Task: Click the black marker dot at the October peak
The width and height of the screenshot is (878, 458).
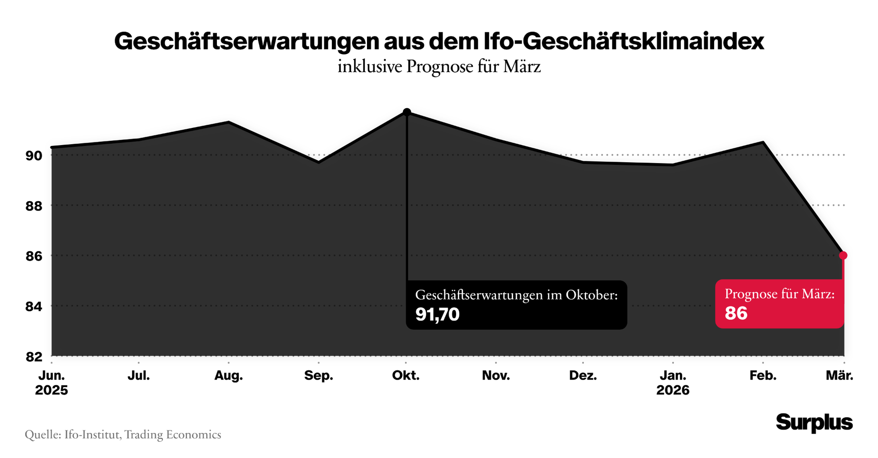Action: click(407, 112)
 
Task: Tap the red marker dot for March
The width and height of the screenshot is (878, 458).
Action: click(843, 255)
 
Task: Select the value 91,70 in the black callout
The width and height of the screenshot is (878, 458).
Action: click(437, 314)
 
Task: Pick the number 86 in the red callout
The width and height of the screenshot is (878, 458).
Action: click(736, 313)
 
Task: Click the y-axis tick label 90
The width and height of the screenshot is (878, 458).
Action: click(34, 156)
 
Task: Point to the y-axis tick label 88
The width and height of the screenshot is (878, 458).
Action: click(34, 206)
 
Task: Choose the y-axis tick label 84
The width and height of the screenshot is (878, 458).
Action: click(34, 306)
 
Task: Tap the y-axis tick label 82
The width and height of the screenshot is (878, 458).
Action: click(34, 357)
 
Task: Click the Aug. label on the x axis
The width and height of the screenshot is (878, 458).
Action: click(228, 376)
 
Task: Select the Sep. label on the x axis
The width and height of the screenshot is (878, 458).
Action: click(319, 376)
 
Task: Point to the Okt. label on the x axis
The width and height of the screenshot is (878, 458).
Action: click(406, 376)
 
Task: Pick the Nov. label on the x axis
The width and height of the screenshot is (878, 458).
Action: click(496, 376)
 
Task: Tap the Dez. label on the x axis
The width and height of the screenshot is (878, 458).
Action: click(583, 376)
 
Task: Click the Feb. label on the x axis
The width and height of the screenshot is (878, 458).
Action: click(763, 376)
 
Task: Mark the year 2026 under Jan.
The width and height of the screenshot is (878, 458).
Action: click(673, 390)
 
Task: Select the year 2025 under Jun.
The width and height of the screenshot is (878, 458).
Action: click(51, 390)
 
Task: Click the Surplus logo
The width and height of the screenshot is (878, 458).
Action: click(814, 422)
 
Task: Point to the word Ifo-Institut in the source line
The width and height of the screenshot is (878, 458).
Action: click(92, 435)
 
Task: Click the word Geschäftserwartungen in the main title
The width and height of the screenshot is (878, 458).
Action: click(247, 42)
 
